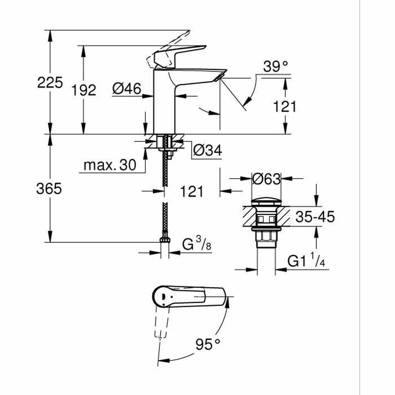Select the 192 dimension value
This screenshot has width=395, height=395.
click(x=84, y=90)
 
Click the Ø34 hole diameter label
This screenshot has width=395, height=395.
click(x=207, y=151)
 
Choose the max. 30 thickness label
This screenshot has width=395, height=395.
click(x=110, y=165)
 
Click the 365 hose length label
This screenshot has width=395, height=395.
click(x=49, y=189)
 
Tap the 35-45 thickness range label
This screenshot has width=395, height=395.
click(x=315, y=217)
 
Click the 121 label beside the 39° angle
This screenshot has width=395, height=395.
click(x=285, y=107)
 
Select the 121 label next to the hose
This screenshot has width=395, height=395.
click(x=192, y=191)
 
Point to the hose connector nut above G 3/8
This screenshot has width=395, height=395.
click(x=164, y=239)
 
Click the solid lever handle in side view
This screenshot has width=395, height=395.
click(x=179, y=52)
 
